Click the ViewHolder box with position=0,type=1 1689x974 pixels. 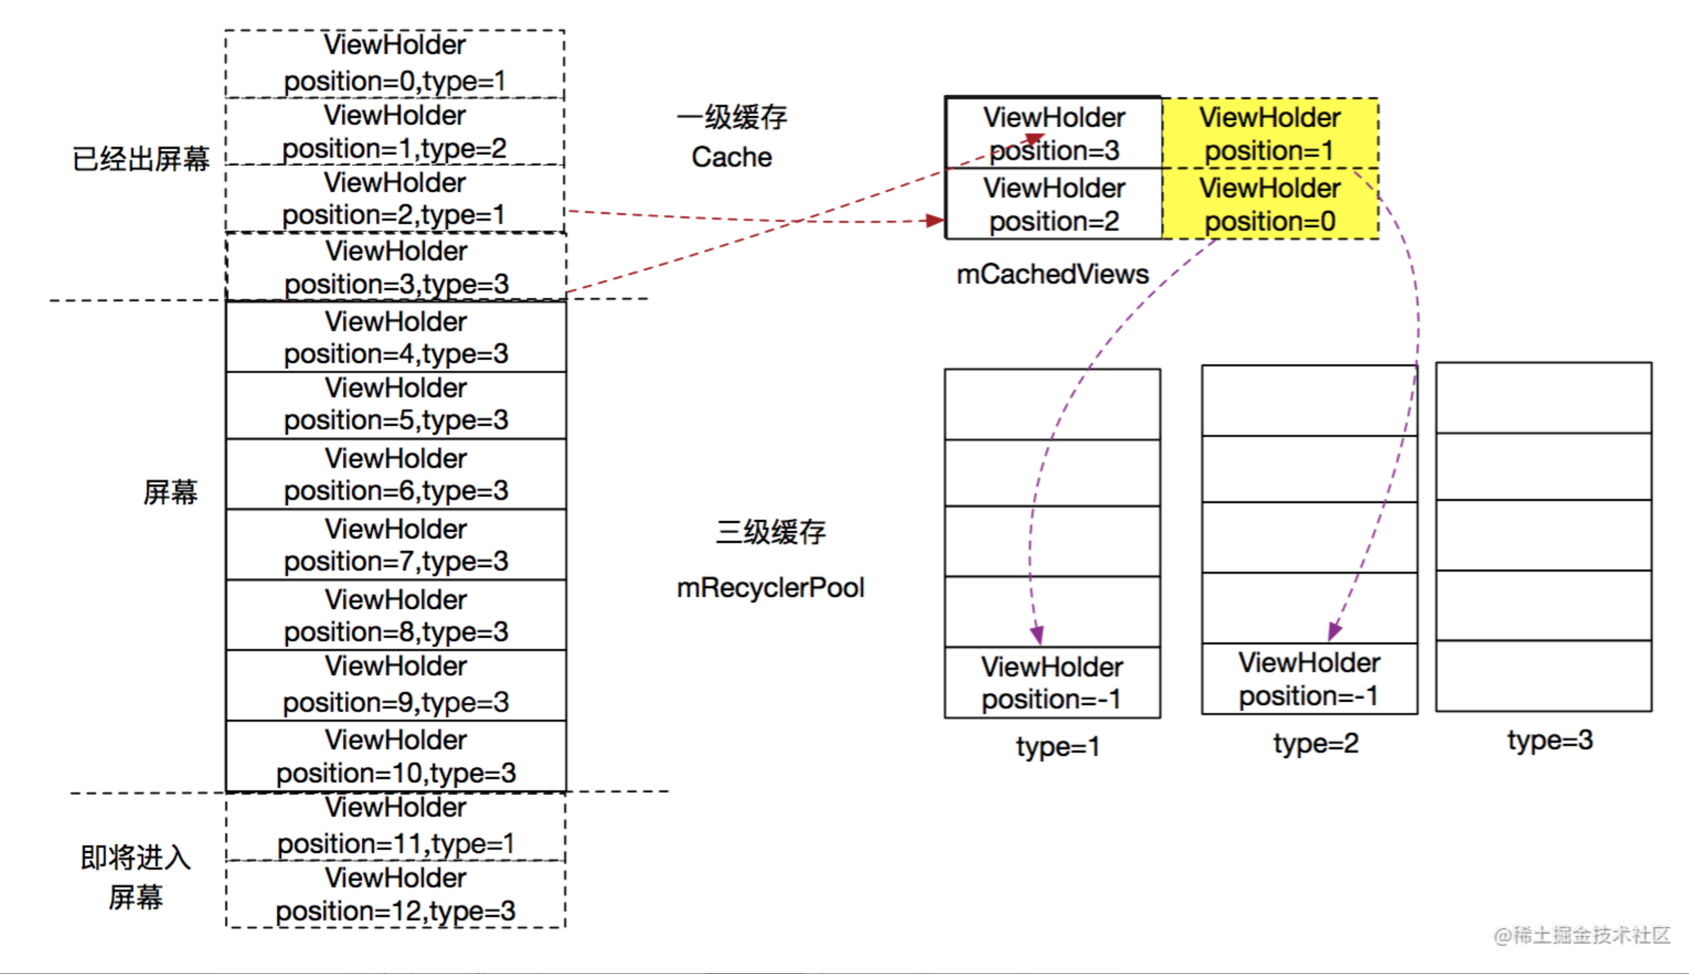click(394, 63)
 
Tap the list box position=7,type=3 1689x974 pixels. click(396, 545)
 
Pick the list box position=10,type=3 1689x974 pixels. click(396, 756)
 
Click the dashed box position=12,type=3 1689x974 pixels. click(396, 895)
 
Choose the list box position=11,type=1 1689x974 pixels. click(396, 826)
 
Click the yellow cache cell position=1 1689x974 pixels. click(1270, 134)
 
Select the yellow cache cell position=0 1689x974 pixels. click(1270, 204)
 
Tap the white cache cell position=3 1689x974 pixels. click(1053, 133)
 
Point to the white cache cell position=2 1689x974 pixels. click(1053, 204)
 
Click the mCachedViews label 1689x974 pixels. click(1052, 274)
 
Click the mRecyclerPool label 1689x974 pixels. click(771, 587)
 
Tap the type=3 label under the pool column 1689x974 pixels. click(1550, 740)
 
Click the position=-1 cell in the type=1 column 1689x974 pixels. click(1052, 682)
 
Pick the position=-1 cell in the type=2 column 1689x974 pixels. click(1309, 679)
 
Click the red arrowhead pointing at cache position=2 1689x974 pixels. click(935, 221)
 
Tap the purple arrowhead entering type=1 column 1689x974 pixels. click(1037, 634)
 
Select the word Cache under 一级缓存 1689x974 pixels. click(731, 157)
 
